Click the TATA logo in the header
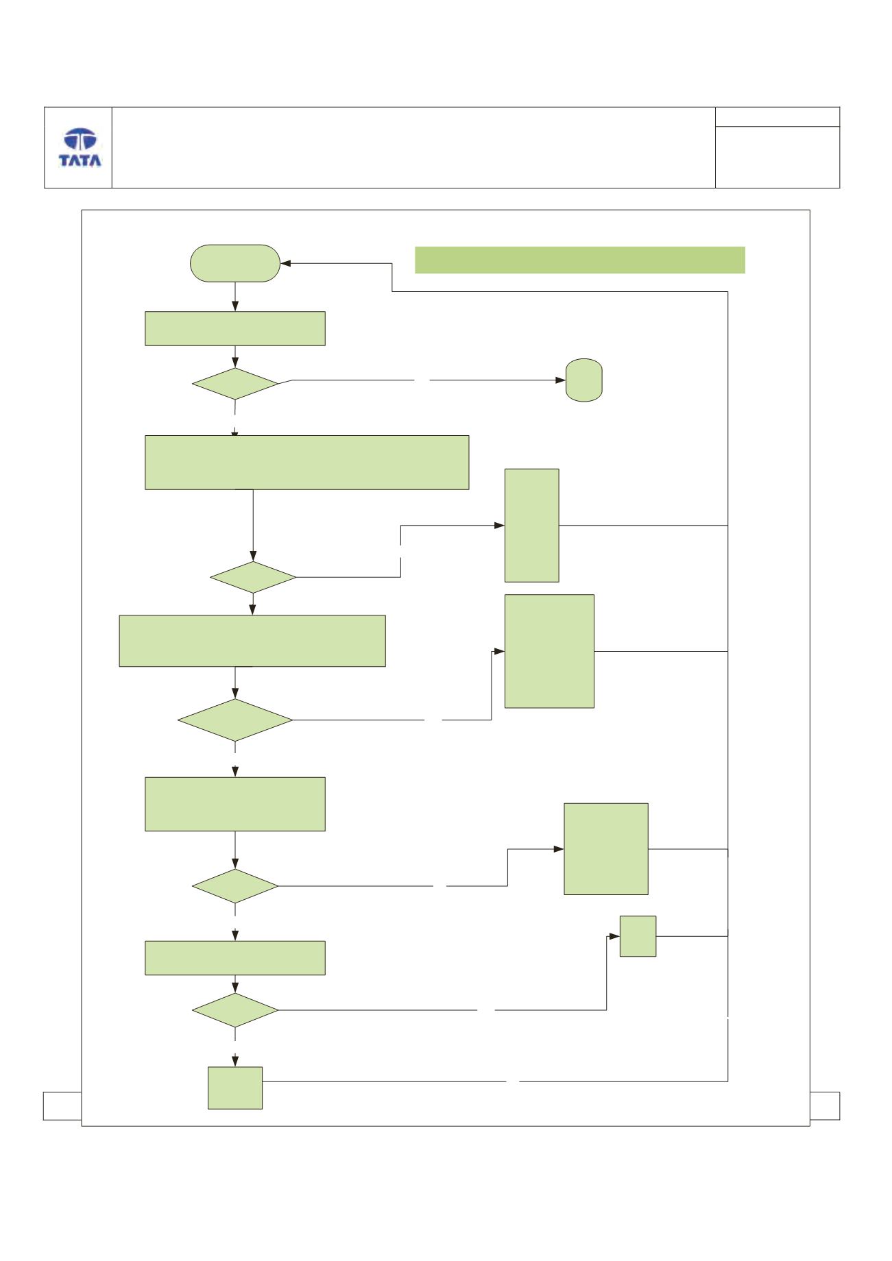(80, 147)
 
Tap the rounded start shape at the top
(235, 263)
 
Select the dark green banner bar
(580, 260)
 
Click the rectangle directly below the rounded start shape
(235, 328)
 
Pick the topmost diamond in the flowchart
(235, 384)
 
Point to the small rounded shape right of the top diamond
(584, 380)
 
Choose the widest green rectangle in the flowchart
(307, 462)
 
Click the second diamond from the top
(253, 577)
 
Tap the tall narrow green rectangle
(532, 526)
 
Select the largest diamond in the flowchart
(235, 720)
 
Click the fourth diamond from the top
(235, 886)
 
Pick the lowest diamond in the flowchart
(235, 1010)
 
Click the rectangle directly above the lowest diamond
(235, 958)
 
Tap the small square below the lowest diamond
(235, 1088)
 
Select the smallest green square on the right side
(638, 936)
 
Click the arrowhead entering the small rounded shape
(560, 380)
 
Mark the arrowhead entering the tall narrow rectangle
(499, 526)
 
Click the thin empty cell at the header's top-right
(778, 117)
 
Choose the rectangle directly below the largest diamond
(235, 805)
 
